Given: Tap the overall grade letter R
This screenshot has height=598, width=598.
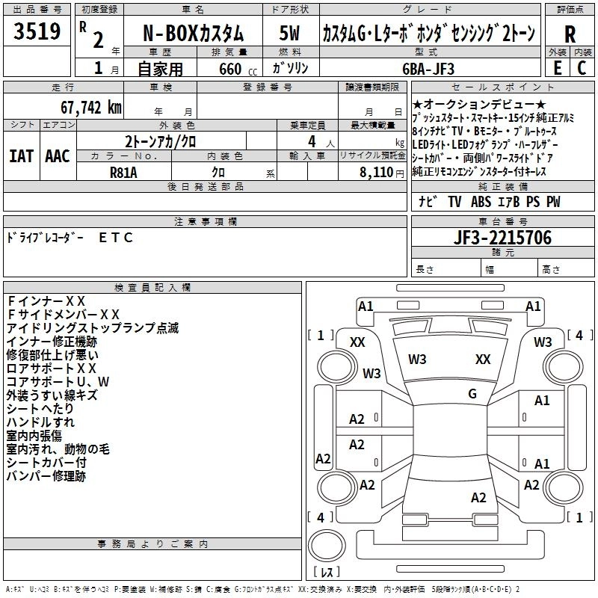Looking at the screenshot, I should [570, 34].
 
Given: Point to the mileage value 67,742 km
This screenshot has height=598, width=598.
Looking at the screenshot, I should [83, 106].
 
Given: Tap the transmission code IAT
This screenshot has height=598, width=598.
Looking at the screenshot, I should [21, 155].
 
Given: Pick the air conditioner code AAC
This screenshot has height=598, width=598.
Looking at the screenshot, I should [57, 155].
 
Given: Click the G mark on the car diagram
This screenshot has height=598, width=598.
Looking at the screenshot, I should [472, 393].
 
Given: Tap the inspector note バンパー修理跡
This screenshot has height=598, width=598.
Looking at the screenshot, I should [46, 475].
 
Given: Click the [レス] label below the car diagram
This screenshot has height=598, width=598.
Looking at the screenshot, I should [327, 573].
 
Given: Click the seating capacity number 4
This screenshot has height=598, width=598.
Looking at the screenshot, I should [309, 141].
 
